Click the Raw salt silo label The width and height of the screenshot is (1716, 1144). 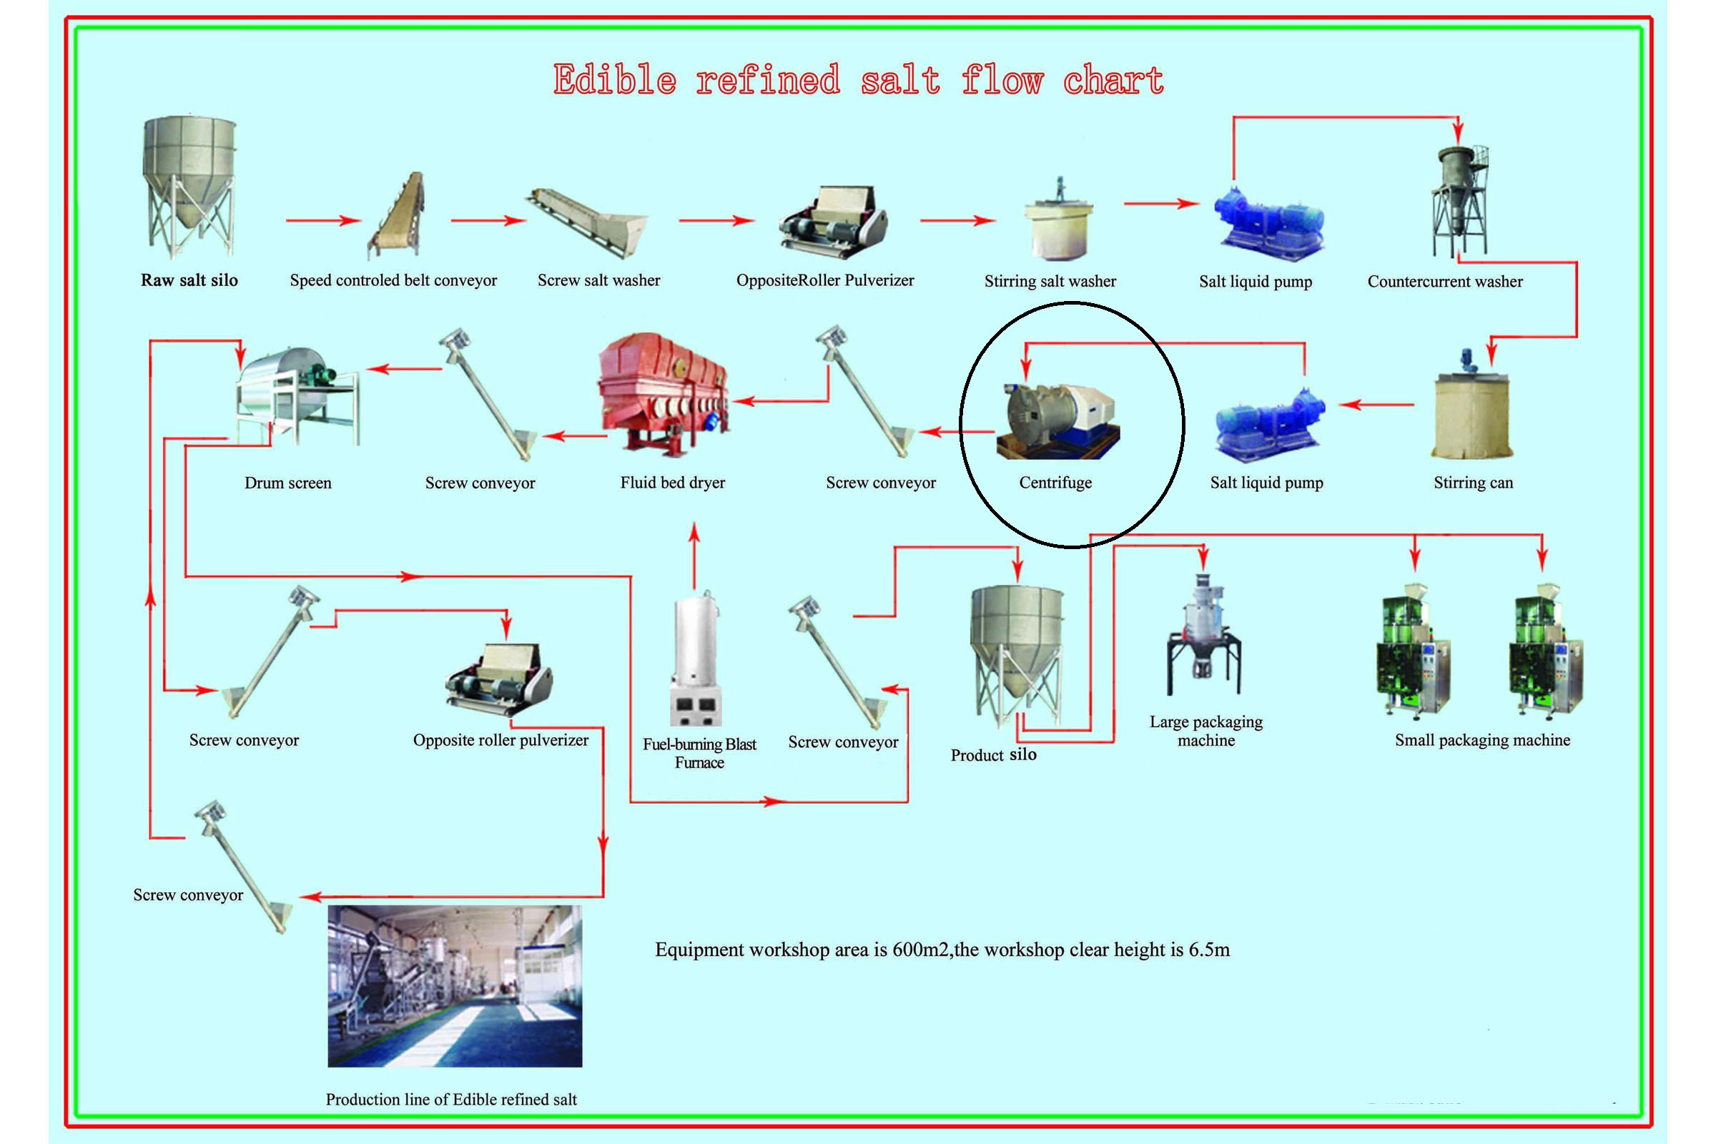[189, 280]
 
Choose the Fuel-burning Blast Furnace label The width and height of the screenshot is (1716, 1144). [699, 753]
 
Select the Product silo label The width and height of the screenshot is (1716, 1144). [993, 755]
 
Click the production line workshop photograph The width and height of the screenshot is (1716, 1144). [455, 986]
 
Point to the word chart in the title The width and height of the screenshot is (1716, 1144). [1113, 79]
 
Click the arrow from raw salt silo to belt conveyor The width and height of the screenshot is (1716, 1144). [323, 220]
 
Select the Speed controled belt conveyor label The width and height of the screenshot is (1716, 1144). [393, 281]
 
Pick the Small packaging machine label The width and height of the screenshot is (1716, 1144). [1482, 741]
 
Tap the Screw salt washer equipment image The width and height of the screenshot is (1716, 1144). [587, 222]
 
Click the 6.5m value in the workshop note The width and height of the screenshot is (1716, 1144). [1209, 950]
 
